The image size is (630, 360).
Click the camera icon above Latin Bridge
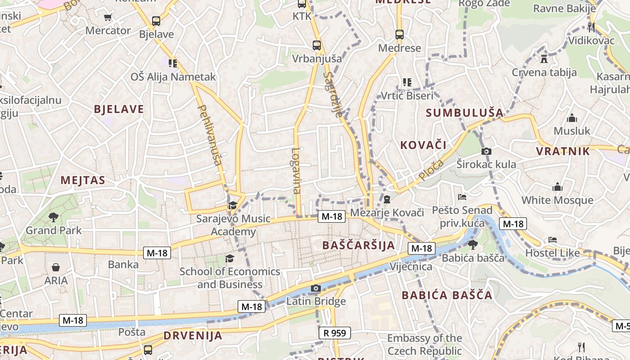316,288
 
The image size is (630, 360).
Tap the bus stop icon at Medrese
399,34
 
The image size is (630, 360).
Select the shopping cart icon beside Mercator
108,18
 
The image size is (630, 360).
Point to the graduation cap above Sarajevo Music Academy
232,206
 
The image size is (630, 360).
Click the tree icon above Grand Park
54,217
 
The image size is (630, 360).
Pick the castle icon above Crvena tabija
544,58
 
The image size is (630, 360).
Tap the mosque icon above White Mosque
558,187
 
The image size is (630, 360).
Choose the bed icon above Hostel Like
553,240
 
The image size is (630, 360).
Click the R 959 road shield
334,333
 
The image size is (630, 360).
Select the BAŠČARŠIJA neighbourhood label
359,245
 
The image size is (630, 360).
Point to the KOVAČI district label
423,145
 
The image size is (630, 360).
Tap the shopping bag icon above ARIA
56,267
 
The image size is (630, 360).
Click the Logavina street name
296,171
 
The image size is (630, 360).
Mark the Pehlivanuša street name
210,135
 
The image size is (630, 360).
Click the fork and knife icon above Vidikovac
591,27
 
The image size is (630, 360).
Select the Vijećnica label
411,266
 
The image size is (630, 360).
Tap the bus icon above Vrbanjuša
317,45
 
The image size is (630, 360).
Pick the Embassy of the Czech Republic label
424,345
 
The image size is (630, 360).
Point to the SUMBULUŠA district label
464,112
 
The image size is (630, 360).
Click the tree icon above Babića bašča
472,245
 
